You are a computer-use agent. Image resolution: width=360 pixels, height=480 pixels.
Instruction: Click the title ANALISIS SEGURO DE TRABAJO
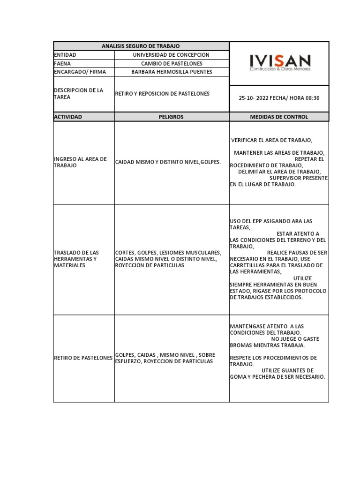point(141,46)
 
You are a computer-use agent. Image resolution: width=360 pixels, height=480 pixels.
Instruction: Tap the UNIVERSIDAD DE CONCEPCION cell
point(171,55)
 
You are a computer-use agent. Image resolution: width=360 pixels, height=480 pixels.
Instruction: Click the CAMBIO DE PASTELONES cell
point(171,63)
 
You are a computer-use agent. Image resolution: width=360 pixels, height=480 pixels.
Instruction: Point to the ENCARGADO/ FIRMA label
point(80,72)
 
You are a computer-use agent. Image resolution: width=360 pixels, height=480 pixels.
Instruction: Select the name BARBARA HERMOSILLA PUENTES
point(172,72)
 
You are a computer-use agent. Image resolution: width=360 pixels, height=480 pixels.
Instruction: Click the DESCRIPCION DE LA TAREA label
point(79,93)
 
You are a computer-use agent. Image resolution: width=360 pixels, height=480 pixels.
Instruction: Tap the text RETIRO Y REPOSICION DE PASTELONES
point(162,93)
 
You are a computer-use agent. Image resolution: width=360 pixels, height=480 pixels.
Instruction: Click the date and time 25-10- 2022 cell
point(279,98)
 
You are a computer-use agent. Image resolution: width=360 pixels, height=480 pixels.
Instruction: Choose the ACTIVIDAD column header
point(68,117)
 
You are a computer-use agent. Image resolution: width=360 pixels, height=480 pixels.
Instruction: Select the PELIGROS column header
point(171,117)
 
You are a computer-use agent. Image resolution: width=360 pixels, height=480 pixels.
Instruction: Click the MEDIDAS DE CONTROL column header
point(279,117)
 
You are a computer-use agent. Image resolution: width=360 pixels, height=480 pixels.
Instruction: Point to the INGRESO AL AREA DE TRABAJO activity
point(81,162)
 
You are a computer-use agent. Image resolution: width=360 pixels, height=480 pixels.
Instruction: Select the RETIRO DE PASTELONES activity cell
point(83,358)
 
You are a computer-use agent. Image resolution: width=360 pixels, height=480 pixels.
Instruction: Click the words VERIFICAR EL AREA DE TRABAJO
point(271,140)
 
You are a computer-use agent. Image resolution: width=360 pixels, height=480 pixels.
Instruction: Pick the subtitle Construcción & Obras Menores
point(279,69)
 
